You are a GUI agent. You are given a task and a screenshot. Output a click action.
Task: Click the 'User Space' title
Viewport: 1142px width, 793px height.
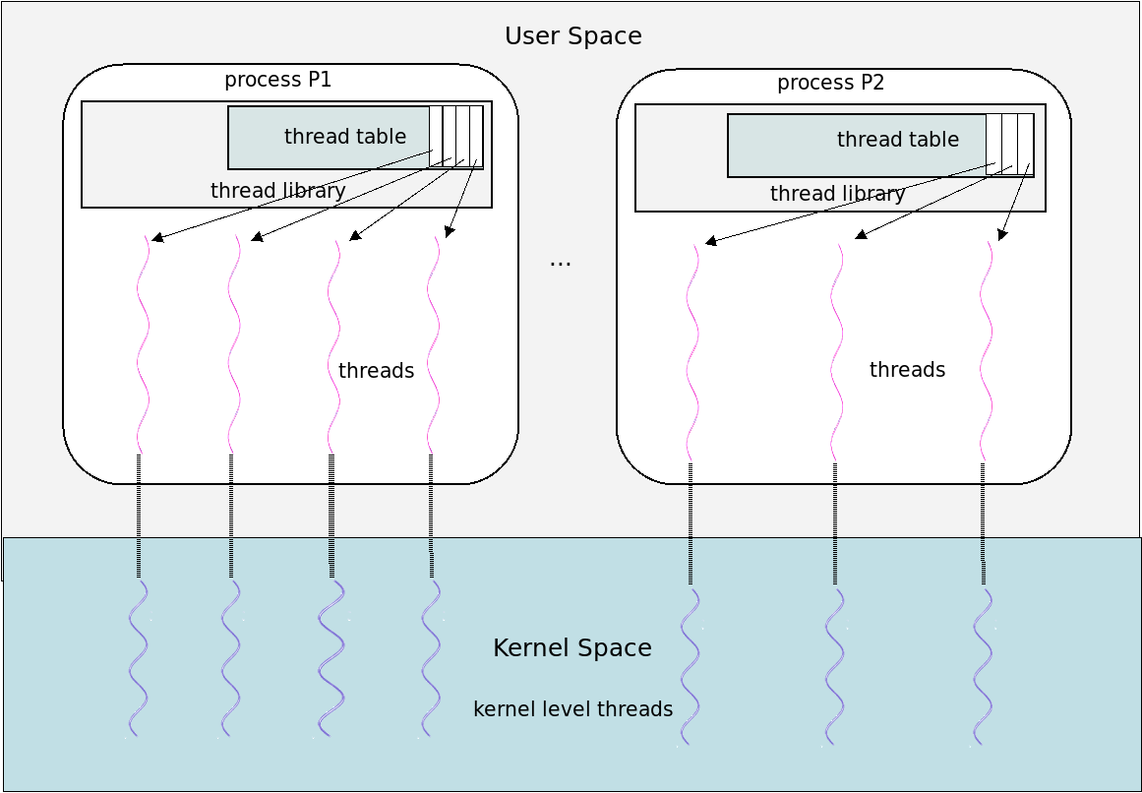573,35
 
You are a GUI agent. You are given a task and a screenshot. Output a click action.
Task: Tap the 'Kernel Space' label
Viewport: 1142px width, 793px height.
572,647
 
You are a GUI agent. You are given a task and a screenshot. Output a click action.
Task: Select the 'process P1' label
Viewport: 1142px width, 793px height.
278,80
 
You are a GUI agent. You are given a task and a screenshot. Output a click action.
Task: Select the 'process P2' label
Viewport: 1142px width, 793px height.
831,83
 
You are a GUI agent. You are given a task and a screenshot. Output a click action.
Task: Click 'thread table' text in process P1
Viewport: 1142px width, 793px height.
345,136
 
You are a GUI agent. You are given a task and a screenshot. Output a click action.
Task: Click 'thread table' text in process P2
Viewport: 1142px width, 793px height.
898,139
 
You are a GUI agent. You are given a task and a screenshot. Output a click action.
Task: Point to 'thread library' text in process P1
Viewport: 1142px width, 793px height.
277,190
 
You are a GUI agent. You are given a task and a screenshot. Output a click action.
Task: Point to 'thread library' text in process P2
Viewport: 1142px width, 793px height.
837,193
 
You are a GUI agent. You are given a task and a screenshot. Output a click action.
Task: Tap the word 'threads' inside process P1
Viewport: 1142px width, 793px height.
377,371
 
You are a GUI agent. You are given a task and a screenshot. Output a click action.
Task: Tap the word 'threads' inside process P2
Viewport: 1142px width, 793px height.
908,370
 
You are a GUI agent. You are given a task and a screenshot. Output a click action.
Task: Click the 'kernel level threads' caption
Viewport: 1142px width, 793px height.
573,708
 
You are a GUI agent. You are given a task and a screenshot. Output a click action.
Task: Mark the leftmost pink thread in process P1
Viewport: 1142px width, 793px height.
143,344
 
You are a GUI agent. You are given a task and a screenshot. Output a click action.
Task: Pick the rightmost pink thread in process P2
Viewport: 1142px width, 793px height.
987,351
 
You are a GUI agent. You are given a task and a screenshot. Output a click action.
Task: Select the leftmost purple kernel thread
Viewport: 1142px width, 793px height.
139,658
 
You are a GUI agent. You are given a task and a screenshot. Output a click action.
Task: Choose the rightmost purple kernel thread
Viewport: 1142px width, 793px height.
984,667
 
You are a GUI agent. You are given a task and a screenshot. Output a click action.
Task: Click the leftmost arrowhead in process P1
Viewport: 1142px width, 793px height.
157,237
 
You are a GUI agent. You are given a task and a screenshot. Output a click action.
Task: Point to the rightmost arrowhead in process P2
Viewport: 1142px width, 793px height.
1003,234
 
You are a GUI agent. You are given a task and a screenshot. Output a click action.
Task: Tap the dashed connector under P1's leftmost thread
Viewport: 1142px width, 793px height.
139,517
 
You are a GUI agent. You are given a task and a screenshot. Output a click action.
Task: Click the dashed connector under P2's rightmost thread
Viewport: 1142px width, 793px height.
984,524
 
